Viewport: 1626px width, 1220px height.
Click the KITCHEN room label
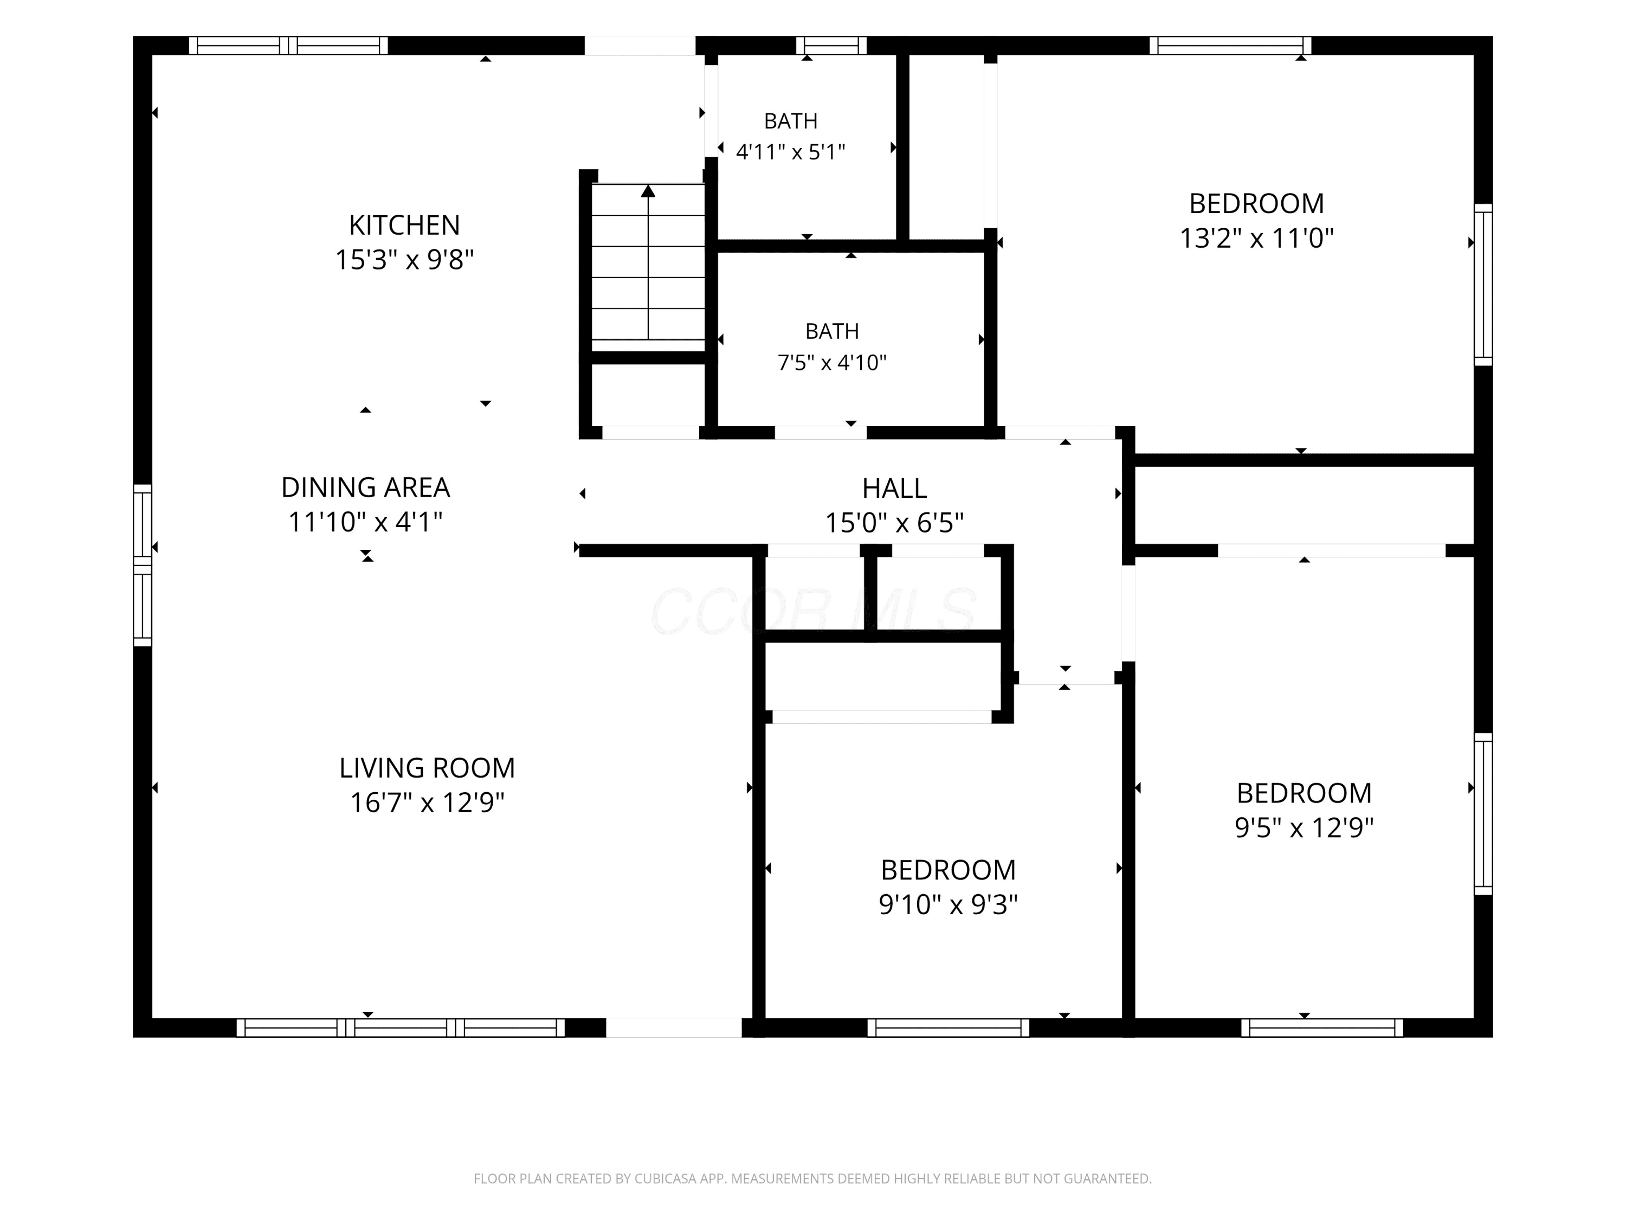tap(404, 224)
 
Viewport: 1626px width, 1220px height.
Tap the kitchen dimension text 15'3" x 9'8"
tap(404, 260)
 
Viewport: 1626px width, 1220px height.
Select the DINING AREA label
tap(365, 487)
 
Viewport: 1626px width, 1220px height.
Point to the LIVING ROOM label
tap(427, 768)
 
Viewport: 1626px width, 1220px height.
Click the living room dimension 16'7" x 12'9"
tap(427, 802)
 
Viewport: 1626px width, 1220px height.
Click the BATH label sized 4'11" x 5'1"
tap(791, 120)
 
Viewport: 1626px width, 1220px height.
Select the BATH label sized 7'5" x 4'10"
tap(832, 331)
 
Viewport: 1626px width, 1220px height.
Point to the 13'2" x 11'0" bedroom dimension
tap(1257, 238)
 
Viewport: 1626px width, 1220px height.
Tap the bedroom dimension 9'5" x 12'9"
tap(1304, 827)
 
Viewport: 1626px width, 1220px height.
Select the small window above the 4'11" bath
tap(831, 46)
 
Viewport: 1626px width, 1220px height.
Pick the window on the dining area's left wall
tap(143, 565)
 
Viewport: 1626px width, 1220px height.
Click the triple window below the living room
tap(401, 1028)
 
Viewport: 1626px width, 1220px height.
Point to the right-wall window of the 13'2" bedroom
tap(1483, 285)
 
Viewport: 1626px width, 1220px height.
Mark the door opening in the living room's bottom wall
tap(673, 1028)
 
